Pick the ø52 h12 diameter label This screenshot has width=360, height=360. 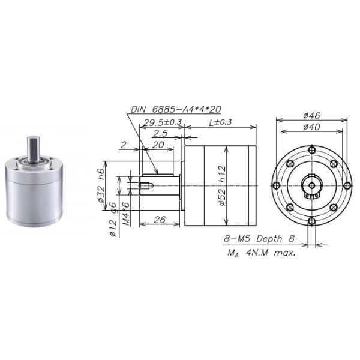click(223, 187)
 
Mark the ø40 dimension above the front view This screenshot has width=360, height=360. click(311, 127)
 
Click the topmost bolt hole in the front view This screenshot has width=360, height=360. click(311, 151)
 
